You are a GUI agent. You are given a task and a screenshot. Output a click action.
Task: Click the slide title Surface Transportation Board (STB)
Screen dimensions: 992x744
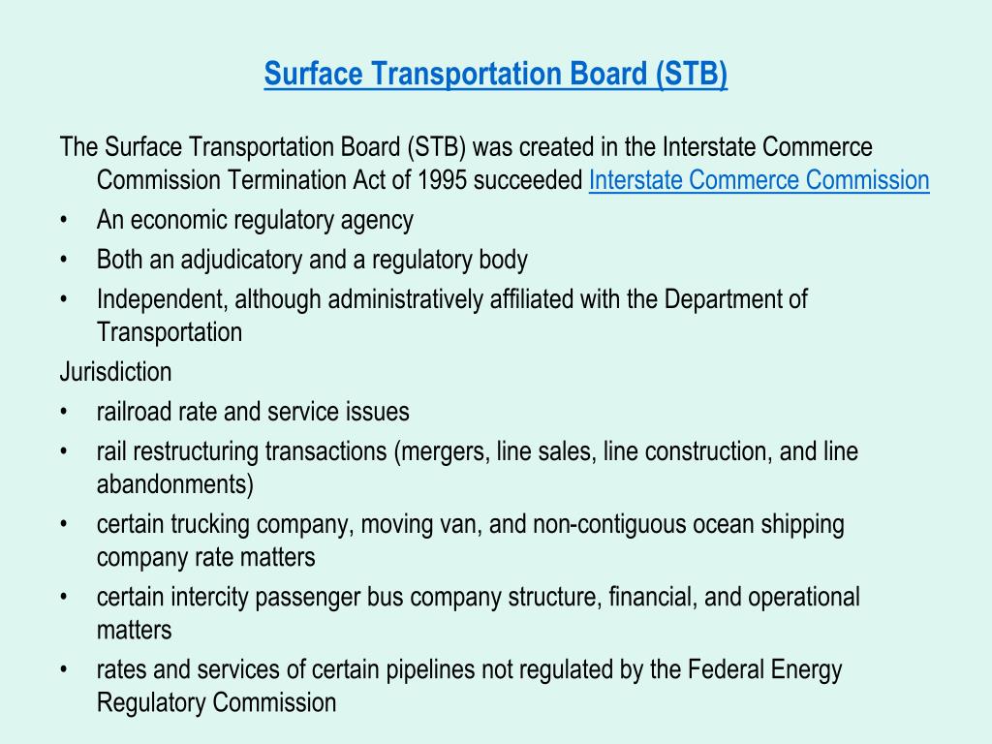click(495, 74)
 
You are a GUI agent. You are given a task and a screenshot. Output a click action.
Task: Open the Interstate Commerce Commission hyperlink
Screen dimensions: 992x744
click(759, 180)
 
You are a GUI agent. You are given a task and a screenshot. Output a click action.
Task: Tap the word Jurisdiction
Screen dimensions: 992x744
click(116, 372)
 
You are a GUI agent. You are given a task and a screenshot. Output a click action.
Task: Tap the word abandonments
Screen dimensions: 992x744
click(170, 484)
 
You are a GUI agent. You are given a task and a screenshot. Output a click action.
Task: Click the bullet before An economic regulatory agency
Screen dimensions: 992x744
click(63, 220)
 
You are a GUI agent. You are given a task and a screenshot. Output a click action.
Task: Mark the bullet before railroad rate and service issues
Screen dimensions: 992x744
click(63, 412)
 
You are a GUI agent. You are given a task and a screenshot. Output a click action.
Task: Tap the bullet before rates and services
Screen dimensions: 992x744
click(63, 670)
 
